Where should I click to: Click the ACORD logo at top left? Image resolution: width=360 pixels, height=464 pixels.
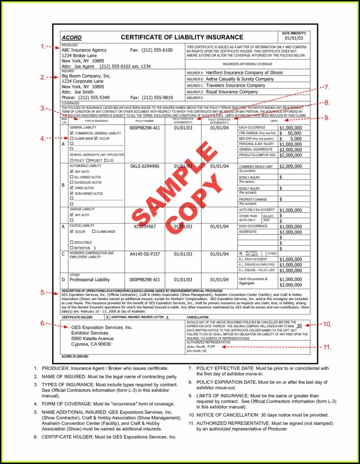click(x=72, y=38)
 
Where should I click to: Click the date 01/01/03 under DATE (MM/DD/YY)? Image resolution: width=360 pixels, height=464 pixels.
click(x=294, y=39)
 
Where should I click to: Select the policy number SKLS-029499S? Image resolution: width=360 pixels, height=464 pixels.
click(x=145, y=166)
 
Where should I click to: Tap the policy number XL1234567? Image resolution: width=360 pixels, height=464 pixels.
click(x=145, y=227)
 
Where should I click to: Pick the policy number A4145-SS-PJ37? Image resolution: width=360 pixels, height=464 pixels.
click(x=145, y=254)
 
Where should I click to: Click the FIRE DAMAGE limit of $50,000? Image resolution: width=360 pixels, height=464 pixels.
click(x=291, y=133)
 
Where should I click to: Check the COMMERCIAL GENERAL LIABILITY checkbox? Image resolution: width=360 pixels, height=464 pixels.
click(x=72, y=133)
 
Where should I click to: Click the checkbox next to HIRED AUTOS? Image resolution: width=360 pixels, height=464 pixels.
click(x=72, y=188)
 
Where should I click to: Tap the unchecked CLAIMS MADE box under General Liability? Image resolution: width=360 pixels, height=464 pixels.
click(x=72, y=139)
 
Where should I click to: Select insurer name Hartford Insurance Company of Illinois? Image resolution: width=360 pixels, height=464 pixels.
click(x=244, y=73)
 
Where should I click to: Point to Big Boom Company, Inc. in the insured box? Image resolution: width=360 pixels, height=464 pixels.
click(x=86, y=76)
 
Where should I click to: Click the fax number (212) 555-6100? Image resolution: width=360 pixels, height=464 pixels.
click(x=157, y=50)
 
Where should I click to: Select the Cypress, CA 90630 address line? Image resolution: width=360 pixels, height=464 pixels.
click(x=91, y=344)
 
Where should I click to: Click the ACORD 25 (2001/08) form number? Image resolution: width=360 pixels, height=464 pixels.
click(x=75, y=357)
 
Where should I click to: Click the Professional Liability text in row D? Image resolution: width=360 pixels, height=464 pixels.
click(x=90, y=280)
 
